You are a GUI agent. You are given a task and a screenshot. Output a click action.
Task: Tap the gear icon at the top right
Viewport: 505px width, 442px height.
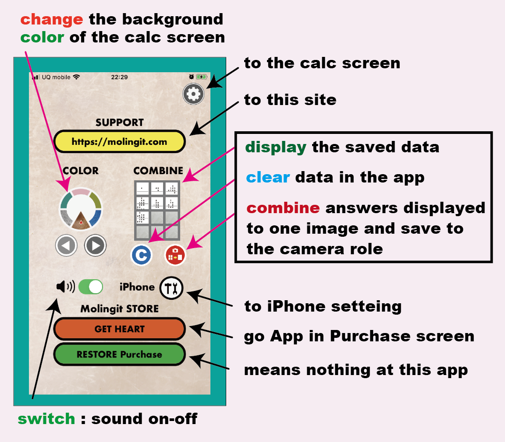click(194, 94)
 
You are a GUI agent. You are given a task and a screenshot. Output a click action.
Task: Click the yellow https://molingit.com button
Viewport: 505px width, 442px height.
click(120, 141)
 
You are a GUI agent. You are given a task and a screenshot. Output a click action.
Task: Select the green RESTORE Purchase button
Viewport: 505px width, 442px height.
click(120, 354)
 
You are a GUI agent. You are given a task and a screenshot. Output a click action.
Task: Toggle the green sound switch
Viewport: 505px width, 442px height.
click(91, 287)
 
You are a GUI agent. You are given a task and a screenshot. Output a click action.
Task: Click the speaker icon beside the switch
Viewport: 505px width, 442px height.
click(65, 287)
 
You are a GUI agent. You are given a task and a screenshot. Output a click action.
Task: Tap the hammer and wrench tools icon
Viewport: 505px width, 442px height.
click(171, 288)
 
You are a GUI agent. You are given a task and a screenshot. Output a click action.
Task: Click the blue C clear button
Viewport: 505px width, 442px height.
click(142, 255)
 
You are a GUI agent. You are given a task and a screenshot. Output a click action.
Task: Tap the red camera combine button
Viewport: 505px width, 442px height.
click(175, 255)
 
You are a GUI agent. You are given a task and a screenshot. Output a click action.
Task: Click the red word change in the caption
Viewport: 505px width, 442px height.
click(52, 19)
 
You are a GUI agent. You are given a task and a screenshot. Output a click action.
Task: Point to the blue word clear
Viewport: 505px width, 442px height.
click(268, 177)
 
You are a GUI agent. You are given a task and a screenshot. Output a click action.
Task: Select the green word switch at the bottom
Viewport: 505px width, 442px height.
click(46, 419)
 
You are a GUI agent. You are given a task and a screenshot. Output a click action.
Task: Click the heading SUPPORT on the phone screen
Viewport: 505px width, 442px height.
click(120, 123)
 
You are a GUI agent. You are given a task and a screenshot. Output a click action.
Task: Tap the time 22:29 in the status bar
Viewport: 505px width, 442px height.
click(119, 77)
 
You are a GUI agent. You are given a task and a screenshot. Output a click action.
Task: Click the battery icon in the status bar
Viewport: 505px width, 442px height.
click(202, 77)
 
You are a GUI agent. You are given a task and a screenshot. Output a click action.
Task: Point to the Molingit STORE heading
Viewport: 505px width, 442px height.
click(120, 309)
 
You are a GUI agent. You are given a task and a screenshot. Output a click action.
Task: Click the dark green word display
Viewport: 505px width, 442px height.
click(276, 147)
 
